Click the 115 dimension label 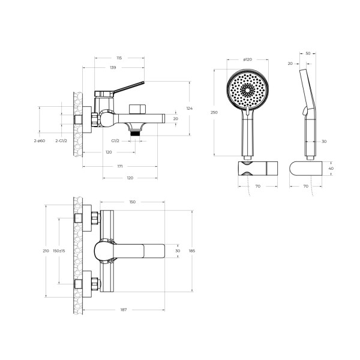click(119, 58)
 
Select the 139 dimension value click(113, 67)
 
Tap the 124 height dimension click(190, 109)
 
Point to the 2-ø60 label click(40, 141)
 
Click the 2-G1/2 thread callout click(61, 141)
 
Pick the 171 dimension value click(120, 166)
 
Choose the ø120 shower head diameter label click(247, 59)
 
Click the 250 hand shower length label click(214, 112)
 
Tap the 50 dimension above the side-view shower click(308, 53)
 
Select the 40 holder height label click(331, 168)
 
